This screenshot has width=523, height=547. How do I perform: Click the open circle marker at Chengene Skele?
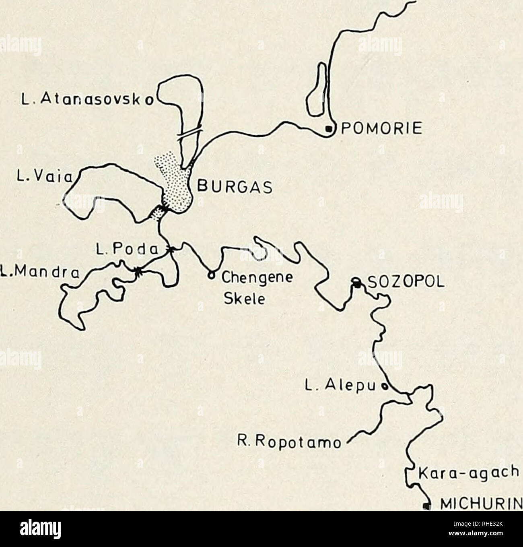(x=210, y=275)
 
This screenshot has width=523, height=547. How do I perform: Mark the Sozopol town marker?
(x=356, y=284)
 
